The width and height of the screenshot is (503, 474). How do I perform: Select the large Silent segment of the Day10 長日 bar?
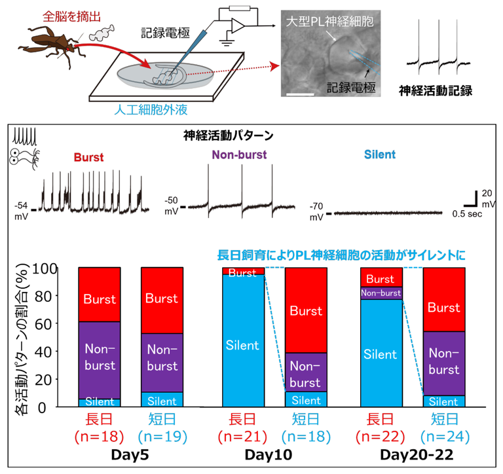242,345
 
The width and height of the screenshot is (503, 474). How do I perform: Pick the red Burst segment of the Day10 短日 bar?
305,310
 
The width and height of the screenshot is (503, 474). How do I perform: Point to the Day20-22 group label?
413,454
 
